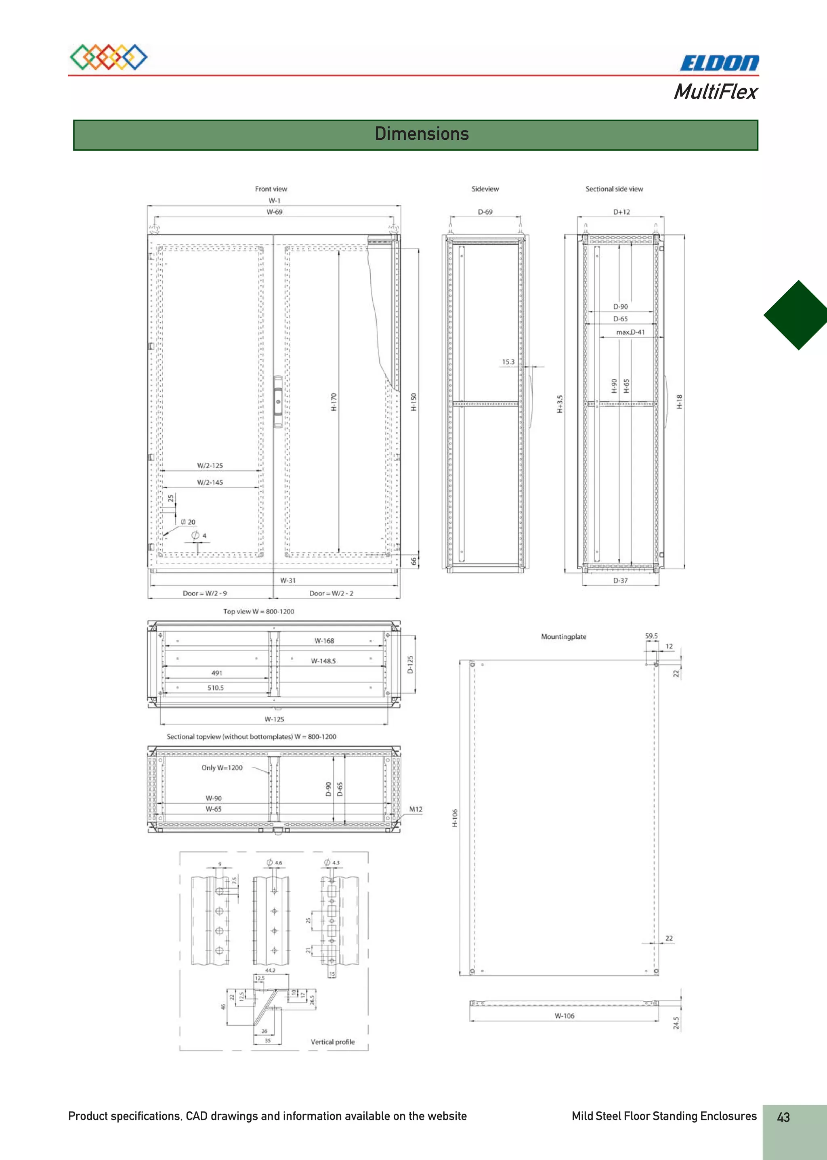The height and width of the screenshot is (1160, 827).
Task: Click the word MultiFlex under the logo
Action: point(716,92)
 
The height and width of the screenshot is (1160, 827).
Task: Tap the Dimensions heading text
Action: point(421,134)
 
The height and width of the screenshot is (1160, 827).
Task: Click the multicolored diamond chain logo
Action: point(109,57)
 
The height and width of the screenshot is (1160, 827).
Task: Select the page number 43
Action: point(783,1117)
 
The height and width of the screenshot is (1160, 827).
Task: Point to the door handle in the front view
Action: point(278,401)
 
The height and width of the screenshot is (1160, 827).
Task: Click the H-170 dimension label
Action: point(334,402)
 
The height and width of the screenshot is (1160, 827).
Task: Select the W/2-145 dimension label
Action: point(210,482)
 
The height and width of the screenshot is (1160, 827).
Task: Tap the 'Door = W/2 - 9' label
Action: point(205,593)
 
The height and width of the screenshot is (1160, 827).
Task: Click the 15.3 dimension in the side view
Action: point(508,362)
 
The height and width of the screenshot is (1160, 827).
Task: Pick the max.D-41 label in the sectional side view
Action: point(630,332)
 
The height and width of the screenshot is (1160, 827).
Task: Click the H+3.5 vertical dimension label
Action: point(560,403)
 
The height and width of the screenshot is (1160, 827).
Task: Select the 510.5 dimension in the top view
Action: point(215,688)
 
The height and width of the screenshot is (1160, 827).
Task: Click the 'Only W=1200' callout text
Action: point(222,768)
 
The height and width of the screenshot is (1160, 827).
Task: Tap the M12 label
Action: point(416,809)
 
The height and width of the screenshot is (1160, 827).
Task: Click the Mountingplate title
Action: point(563,636)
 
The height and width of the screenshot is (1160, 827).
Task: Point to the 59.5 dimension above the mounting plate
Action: point(651,636)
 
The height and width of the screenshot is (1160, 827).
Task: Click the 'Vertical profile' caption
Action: point(332,1042)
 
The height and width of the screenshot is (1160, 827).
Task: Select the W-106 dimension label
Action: point(564,1016)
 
